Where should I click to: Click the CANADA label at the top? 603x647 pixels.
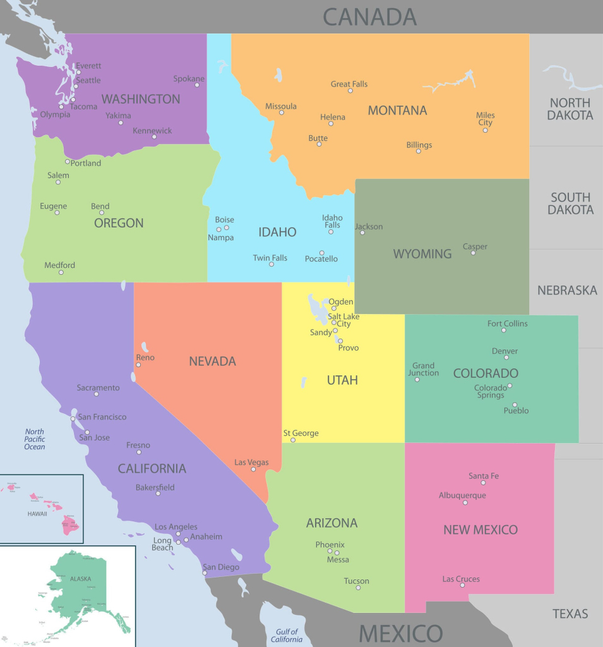coord(369,17)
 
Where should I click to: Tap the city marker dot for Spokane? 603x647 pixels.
coord(197,85)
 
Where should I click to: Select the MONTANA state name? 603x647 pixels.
coord(397,111)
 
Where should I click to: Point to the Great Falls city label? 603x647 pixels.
coord(349,84)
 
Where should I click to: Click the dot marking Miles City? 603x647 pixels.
coord(485,131)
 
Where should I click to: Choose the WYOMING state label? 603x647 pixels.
coord(422,254)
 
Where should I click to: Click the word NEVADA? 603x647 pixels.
coord(212,361)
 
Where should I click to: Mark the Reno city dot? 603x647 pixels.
coord(138,365)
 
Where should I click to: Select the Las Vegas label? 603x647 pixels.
coord(251,463)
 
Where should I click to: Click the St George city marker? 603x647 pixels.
coord(293,440)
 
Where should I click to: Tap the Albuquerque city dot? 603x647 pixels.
coord(465,503)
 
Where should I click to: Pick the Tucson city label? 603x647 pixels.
coord(356,581)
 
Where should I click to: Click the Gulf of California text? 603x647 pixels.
coord(286,636)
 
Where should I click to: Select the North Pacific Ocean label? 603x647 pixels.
coord(35,439)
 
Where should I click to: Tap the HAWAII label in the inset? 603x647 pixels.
coord(37,514)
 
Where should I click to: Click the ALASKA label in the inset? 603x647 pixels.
coord(80,579)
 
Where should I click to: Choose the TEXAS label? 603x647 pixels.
coord(570,614)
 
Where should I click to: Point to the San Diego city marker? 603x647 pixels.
coord(205,573)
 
